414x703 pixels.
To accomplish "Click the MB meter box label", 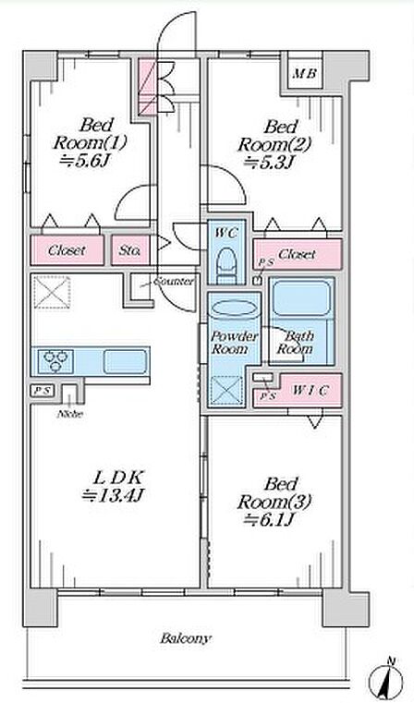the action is [305, 73].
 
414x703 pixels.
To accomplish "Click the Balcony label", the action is [185, 638].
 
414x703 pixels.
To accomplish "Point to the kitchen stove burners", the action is [56, 361].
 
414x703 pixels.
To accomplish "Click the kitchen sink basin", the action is [125, 362].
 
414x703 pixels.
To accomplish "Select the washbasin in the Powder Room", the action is [234, 309].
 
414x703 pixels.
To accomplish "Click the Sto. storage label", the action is [129, 250].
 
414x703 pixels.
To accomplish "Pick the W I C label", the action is [310, 391].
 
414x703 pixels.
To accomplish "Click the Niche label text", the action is [70, 414].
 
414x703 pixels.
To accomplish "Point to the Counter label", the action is [174, 282].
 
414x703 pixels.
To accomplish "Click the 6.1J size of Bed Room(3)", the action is [267, 519].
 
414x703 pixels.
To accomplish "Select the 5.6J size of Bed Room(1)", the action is [85, 161].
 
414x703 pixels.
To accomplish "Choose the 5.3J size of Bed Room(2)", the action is [268, 163].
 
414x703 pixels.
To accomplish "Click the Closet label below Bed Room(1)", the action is [67, 250].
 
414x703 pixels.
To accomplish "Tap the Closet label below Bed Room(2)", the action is [297, 255].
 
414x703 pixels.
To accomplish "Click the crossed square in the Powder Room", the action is [226, 391].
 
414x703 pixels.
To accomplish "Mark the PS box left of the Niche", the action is [43, 391].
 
